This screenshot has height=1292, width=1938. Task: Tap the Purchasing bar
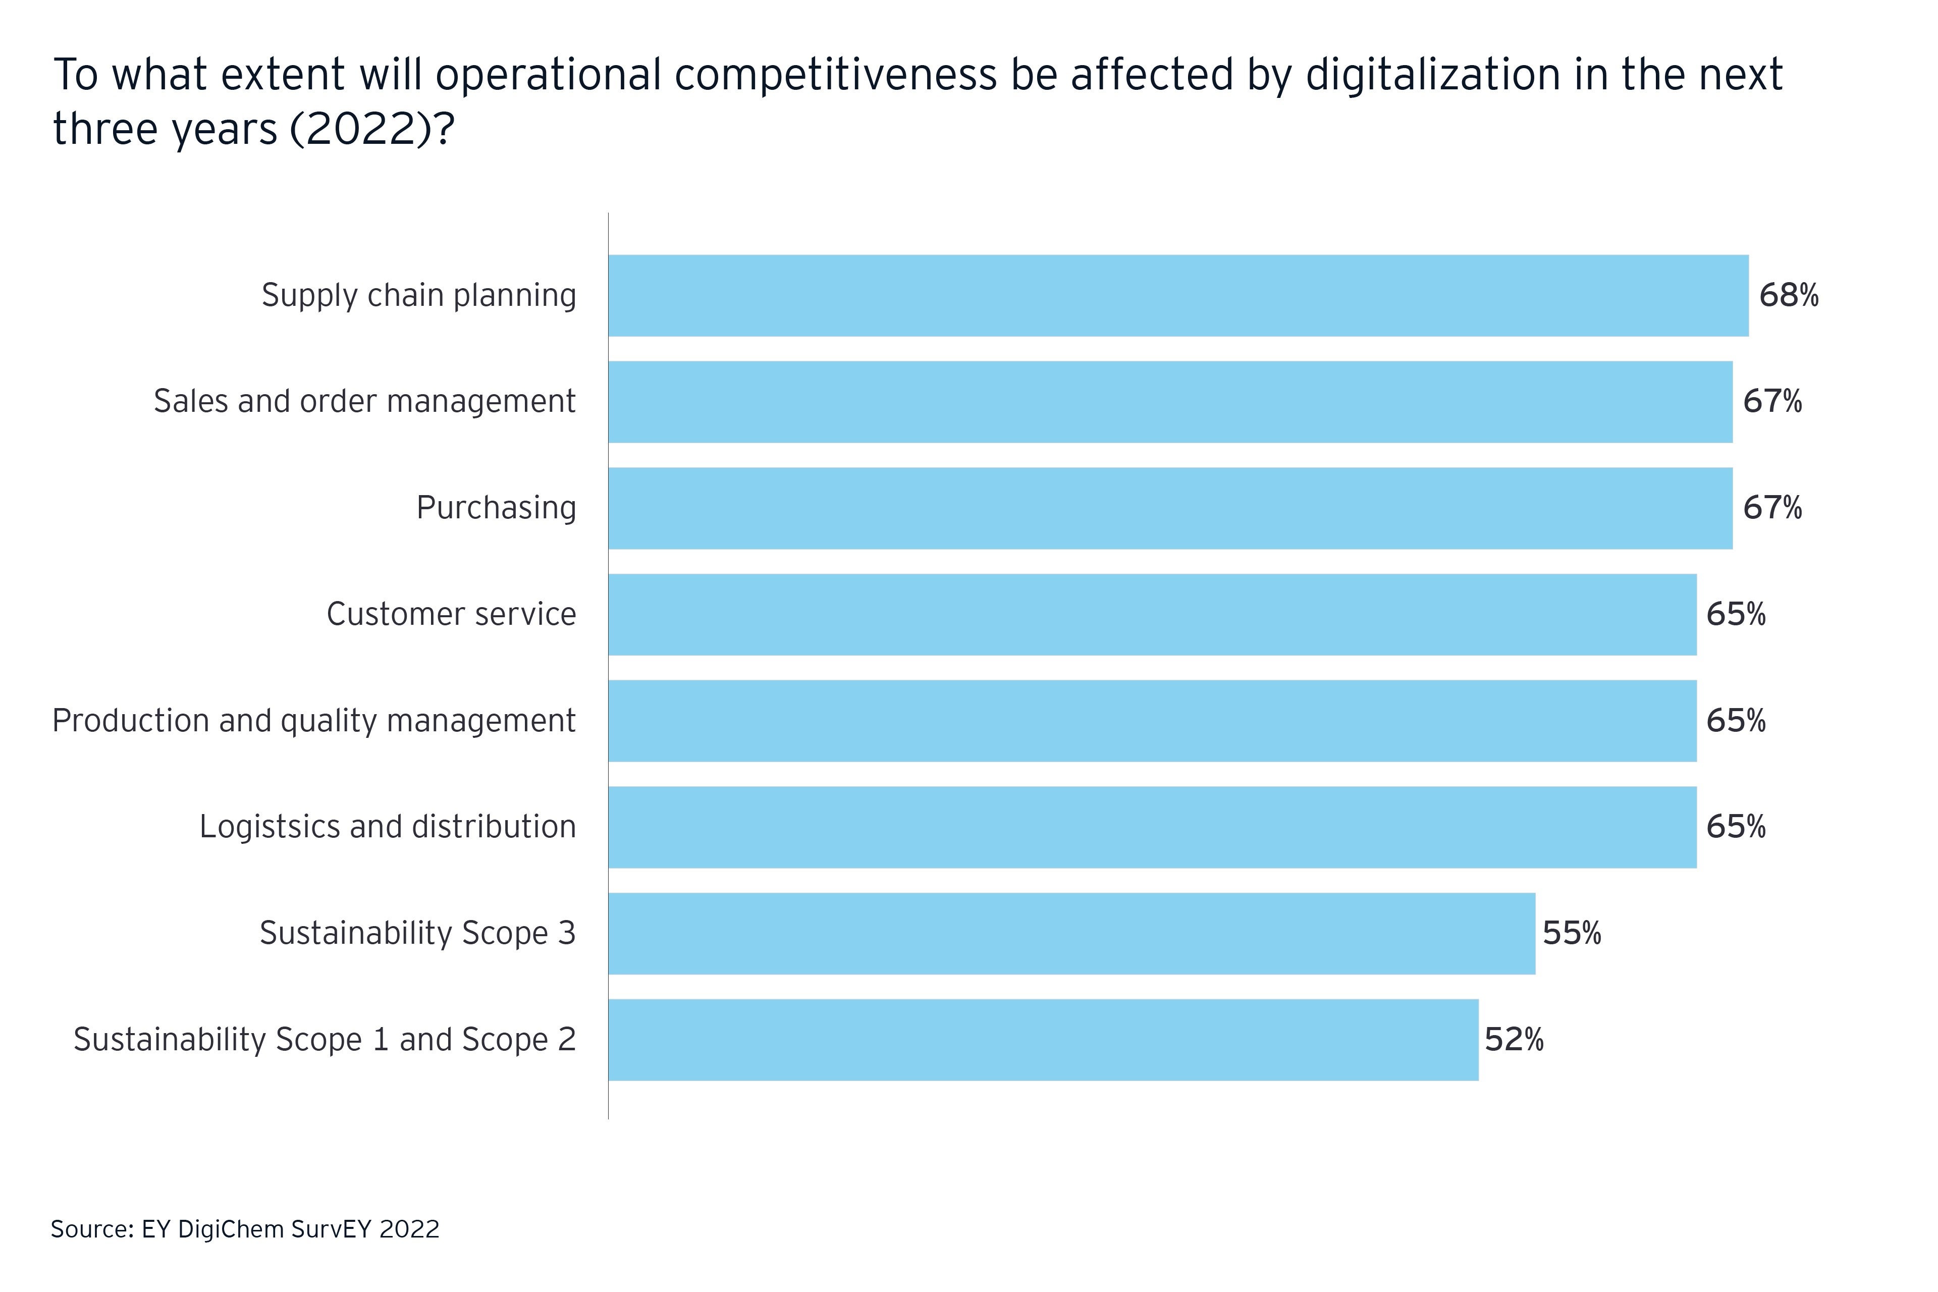[x=1170, y=508]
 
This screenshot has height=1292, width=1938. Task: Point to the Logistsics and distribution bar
[x=1152, y=827]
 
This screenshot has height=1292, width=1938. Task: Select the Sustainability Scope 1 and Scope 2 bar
[x=1043, y=1039]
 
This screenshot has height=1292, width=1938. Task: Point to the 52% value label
[x=1514, y=1039]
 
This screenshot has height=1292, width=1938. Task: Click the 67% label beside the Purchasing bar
[x=1771, y=508]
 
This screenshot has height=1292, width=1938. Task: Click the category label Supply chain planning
[x=418, y=295]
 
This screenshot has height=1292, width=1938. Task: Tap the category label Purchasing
[x=496, y=508]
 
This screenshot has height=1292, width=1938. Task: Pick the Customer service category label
[x=452, y=614]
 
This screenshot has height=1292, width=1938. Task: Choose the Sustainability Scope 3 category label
[x=417, y=933]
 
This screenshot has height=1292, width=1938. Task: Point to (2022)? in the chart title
[x=371, y=129]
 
